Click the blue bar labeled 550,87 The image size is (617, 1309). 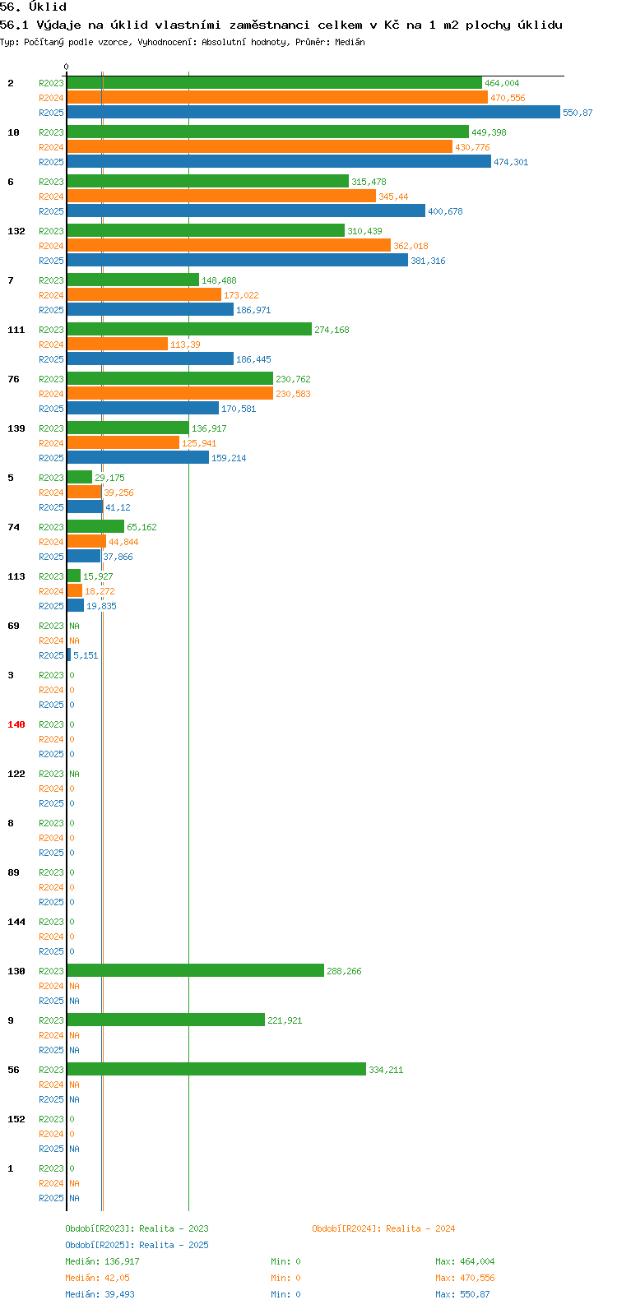(313, 112)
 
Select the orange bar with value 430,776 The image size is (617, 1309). (260, 146)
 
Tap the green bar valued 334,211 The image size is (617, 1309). (216, 1069)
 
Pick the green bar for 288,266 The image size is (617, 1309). (195, 970)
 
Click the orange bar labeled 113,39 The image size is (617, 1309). (118, 345)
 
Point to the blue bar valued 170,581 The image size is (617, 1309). (142, 408)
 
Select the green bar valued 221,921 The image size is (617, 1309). (166, 1020)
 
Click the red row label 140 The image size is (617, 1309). (16, 724)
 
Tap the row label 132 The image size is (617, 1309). (16, 231)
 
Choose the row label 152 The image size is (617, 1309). (16, 1119)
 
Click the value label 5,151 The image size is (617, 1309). (86, 655)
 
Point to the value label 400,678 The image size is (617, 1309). (445, 211)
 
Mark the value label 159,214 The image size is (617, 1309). (229, 458)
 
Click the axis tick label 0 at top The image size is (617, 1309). (66, 67)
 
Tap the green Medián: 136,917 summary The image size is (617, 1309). (102, 1261)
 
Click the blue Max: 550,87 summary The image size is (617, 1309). (462, 1294)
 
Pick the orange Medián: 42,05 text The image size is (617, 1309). (98, 1278)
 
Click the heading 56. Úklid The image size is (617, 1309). (34, 7)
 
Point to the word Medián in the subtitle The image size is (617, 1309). (350, 42)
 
